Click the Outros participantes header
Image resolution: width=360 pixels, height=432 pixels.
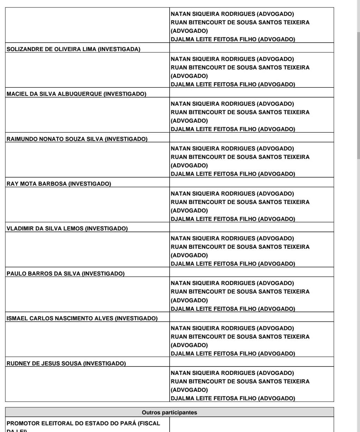pos(169,412)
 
